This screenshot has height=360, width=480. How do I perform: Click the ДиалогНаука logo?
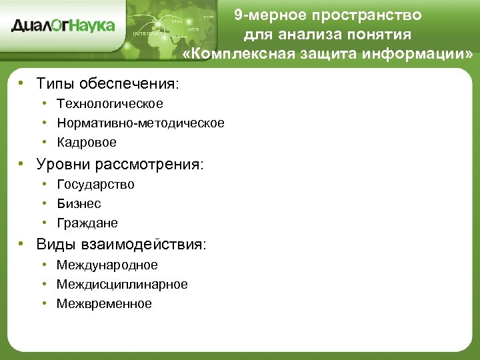tap(63, 25)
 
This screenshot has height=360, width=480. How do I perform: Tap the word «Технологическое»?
tap(110, 103)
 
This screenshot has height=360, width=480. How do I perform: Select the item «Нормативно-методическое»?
tap(141, 123)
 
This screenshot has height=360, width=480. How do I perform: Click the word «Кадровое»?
tap(87, 142)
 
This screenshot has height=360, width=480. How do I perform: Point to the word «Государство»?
tap(95, 184)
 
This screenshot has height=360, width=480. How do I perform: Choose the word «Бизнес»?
tap(79, 203)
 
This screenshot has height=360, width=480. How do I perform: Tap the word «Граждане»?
tap(87, 223)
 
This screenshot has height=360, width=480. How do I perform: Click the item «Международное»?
tap(107, 265)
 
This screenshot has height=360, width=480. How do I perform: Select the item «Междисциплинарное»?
tap(122, 284)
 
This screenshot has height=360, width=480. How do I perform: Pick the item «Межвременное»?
tap(104, 303)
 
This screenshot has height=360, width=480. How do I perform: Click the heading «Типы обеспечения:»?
tap(108, 84)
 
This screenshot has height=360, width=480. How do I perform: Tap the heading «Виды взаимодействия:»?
tap(121, 245)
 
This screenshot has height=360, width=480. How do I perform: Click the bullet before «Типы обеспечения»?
tap(22, 83)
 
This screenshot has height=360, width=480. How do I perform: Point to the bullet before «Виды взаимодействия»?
tap(22, 244)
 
